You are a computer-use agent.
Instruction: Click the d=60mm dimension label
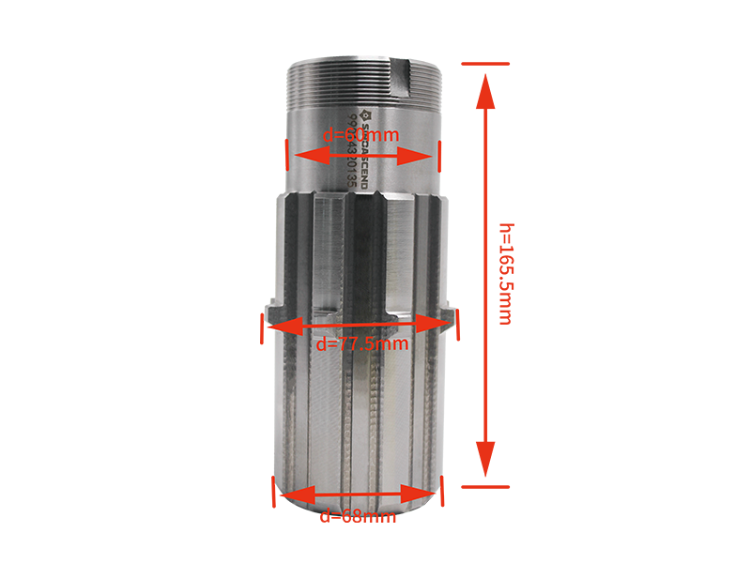[361, 135]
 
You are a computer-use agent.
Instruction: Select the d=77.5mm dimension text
[362, 343]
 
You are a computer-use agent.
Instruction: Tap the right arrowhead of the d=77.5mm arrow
[439, 325]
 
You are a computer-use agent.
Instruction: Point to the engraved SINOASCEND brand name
[366, 150]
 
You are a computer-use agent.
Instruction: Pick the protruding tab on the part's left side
[274, 309]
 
